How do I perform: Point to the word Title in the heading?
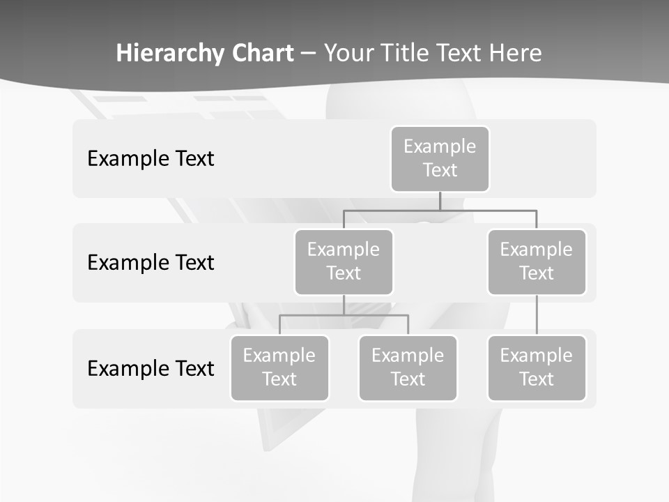[x=411, y=54]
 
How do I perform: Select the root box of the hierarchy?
[x=440, y=158]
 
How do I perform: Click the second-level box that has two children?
[x=344, y=261]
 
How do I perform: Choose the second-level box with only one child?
[x=537, y=261]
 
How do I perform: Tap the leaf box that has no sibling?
[x=537, y=367]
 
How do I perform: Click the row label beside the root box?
[x=151, y=159]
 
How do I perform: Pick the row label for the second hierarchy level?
[x=151, y=263]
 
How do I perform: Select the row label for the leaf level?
[x=151, y=368]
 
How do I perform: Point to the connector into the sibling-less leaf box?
[x=537, y=315]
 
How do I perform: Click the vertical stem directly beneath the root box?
[x=440, y=201]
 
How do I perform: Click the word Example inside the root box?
[x=440, y=146]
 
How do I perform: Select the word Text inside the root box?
[x=440, y=170]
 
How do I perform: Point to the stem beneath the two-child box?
[x=344, y=305]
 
